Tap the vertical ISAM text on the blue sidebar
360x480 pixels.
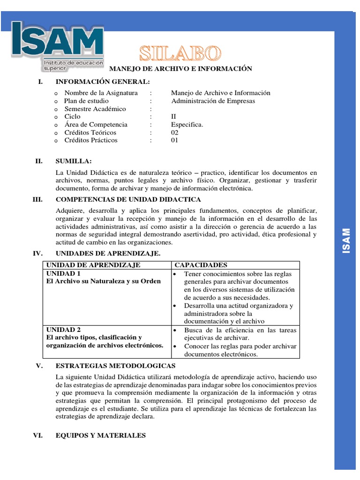pyautogui.click(x=346, y=241)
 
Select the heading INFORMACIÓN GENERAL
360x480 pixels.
pyautogui.click(x=103, y=82)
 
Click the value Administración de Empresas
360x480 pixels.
pyautogui.click(x=213, y=101)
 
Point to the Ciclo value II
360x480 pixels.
pyautogui.click(x=174, y=117)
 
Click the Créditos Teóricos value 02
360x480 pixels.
pyautogui.click(x=175, y=133)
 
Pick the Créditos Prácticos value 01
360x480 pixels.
pyautogui.click(x=175, y=140)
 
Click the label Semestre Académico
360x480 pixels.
pyautogui.click(x=95, y=109)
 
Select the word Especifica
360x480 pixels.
pyautogui.click(x=187, y=125)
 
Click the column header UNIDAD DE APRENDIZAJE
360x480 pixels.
pyautogui.click(x=93, y=265)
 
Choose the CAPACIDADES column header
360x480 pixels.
pyautogui.click(x=201, y=265)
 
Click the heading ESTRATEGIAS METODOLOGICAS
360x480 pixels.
pyautogui.click(x=115, y=366)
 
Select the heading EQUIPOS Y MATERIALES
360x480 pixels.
pyautogui.click(x=100, y=435)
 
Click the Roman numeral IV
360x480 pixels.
pyautogui.click(x=37, y=254)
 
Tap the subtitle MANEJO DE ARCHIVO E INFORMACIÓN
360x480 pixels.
pyautogui.click(x=180, y=69)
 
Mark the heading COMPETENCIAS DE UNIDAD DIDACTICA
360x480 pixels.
pyautogui.click(x=128, y=199)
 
